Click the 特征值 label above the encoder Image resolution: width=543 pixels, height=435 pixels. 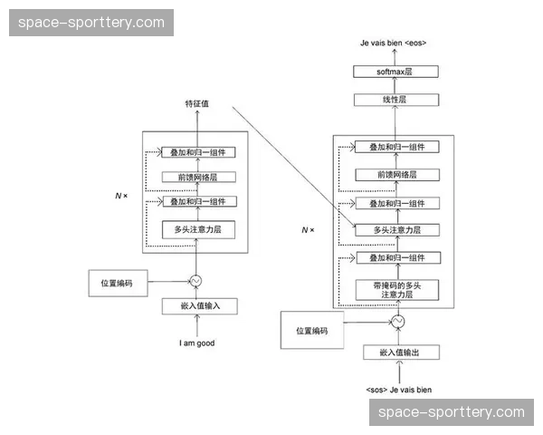(197, 104)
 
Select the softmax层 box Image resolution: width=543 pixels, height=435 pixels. (394, 71)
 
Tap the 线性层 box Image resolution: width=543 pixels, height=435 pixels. (394, 100)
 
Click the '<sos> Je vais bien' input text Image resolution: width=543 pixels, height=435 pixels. (399, 390)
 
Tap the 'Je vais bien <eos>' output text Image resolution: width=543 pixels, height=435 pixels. (394, 43)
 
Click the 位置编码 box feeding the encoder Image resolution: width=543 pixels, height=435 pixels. (117, 283)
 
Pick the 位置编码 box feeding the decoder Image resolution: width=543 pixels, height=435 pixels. (311, 332)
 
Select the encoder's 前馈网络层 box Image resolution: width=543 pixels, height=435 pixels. (197, 177)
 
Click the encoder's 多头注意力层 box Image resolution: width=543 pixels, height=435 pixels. (197, 229)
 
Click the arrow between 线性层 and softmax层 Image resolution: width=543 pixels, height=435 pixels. (394, 85)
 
